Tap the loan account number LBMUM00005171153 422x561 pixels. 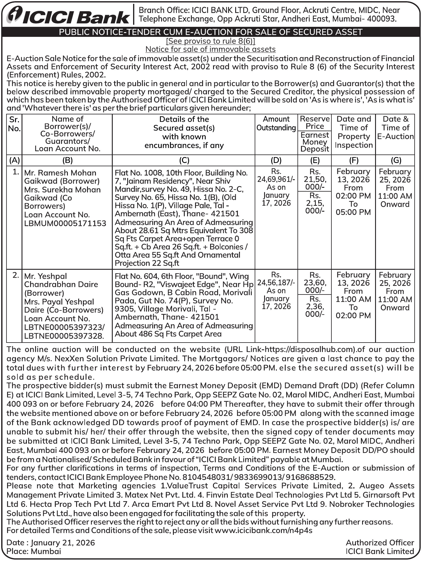(65, 223)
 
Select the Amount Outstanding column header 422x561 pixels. (276, 123)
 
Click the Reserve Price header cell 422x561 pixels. (315, 122)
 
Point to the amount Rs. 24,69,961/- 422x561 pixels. (276, 179)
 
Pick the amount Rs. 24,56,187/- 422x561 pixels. (276, 282)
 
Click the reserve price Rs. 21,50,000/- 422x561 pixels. (315, 179)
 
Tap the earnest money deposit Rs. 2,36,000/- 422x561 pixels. (315, 306)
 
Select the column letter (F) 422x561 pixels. (353, 160)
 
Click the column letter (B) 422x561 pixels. (67, 160)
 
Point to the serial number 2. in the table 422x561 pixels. (16, 275)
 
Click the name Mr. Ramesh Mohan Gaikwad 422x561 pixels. (60, 177)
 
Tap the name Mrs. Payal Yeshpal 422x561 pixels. (59, 302)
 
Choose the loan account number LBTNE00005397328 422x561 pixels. (64, 336)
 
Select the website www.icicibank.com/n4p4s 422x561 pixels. (263, 530)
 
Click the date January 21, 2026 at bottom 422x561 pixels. (63, 543)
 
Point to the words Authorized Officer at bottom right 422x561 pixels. (380, 543)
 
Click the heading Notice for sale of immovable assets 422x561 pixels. (210, 49)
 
